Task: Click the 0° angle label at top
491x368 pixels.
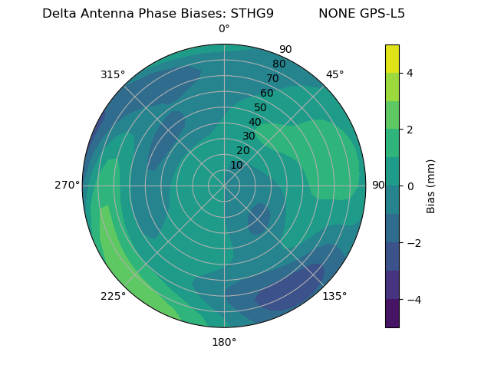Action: coord(224,29)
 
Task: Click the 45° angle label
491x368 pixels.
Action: coord(335,74)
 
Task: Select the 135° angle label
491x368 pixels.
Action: coord(334,297)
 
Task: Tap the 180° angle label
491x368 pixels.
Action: coord(224,342)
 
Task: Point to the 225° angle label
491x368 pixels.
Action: coord(113,297)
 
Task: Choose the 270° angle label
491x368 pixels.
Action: coord(68,186)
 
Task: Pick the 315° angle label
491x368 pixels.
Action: coord(113,74)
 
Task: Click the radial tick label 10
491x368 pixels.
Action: coord(237,165)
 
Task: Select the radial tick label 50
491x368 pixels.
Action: coord(261,108)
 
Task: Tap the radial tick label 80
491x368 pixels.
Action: coord(278,64)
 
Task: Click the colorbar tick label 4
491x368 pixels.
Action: coord(410,73)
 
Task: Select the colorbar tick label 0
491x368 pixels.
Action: coord(410,186)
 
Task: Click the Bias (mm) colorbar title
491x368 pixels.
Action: coord(431,186)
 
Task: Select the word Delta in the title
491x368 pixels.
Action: coord(58,14)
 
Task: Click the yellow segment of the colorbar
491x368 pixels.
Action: coord(392,59)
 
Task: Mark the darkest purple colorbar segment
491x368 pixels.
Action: coord(392,314)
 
